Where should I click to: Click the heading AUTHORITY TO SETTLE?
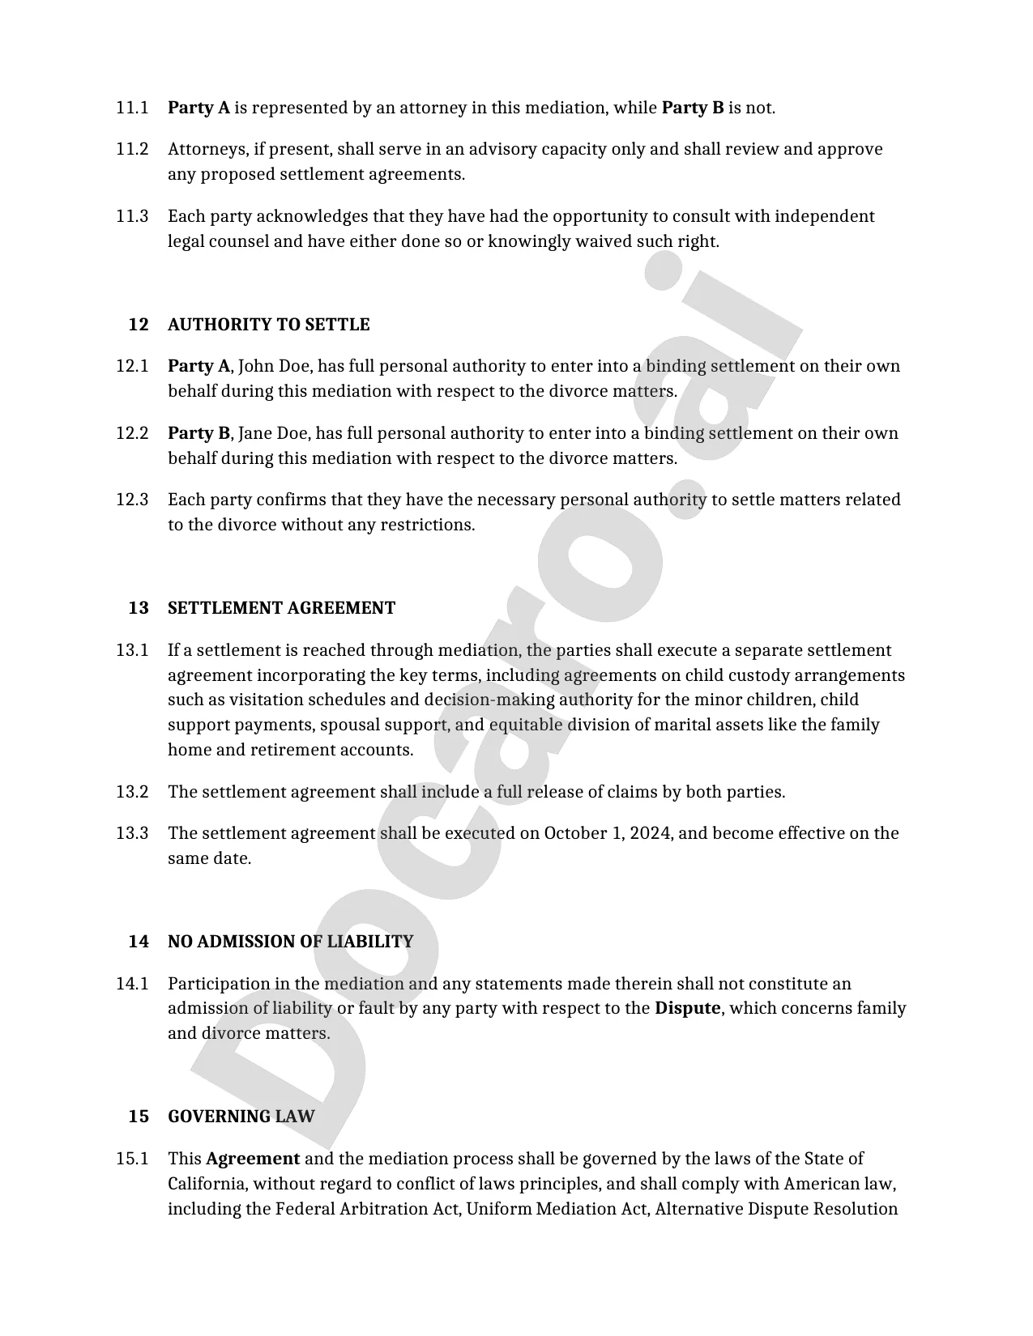pyautogui.click(x=268, y=325)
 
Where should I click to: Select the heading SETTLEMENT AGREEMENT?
pyautogui.click(x=281, y=608)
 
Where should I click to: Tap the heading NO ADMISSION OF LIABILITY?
pyautogui.click(x=290, y=942)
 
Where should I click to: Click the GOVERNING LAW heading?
pyautogui.click(x=241, y=1117)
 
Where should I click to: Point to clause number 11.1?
pyautogui.click(x=132, y=108)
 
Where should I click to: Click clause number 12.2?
pyautogui.click(x=132, y=433)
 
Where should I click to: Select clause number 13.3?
pyautogui.click(x=132, y=833)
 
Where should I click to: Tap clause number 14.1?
pyautogui.click(x=132, y=984)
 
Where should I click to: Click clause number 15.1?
pyautogui.click(x=132, y=1159)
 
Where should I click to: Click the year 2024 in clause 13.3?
pyautogui.click(x=651, y=833)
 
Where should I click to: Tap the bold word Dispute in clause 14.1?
pyautogui.click(x=687, y=1008)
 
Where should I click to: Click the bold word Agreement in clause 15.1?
pyautogui.click(x=253, y=1159)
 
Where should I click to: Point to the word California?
pyautogui.click(x=207, y=1184)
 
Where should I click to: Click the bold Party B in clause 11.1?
pyautogui.click(x=693, y=108)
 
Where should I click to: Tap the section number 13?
pyautogui.click(x=139, y=608)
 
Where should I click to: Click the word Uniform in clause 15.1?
pyautogui.click(x=499, y=1209)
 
